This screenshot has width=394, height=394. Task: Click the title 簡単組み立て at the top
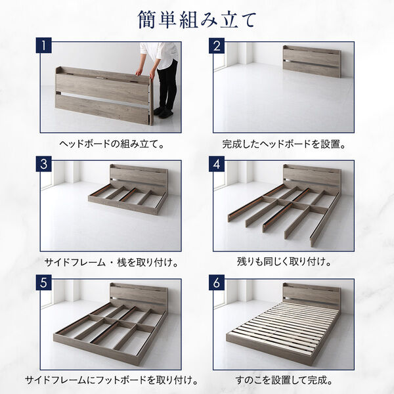pyautogui.click(x=197, y=20)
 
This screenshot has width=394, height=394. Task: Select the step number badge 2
pyautogui.click(x=217, y=47)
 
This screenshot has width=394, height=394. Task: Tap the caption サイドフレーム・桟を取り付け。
pyautogui.click(x=110, y=263)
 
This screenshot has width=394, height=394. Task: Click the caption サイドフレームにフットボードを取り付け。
pyautogui.click(x=110, y=380)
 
